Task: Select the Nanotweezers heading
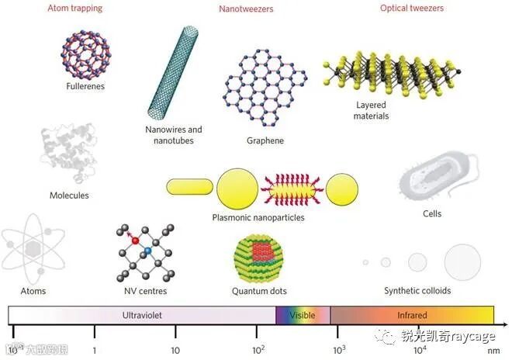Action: pos(240,9)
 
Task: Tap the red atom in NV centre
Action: pos(135,241)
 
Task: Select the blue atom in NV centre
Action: pos(147,251)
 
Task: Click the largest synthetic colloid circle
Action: pos(462,261)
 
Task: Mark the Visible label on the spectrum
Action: pos(302,316)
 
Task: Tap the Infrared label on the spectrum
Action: pos(411,316)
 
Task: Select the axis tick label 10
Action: pos(176,351)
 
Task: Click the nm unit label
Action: pos(493,351)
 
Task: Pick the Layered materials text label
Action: pos(372,110)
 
